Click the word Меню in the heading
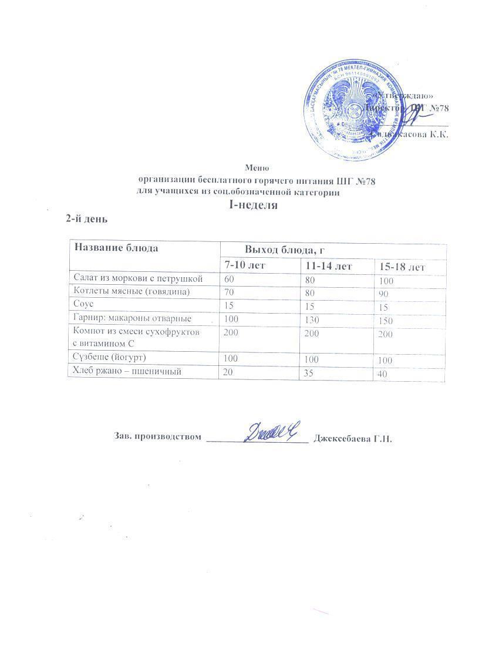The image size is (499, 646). click(x=257, y=167)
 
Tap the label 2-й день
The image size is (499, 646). click(x=86, y=218)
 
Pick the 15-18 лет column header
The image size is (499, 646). click(x=402, y=267)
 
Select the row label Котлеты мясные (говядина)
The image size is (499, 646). click(x=132, y=291)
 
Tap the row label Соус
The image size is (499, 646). click(x=83, y=305)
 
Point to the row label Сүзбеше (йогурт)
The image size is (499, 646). click(x=109, y=358)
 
